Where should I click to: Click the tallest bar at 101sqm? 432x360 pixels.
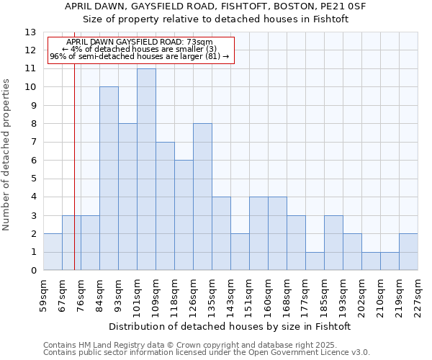tap(146, 169)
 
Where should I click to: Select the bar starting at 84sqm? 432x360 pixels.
tap(109, 179)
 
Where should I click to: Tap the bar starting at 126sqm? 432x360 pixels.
tap(202, 197)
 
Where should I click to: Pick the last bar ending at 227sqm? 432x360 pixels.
tap(408, 252)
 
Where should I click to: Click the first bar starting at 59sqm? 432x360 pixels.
tap(53, 252)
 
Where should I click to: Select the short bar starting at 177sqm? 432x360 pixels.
tap(315, 261)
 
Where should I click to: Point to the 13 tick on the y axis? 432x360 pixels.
tap(30, 32)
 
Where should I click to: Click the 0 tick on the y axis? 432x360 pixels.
tap(33, 271)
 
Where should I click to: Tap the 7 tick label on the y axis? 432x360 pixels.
tap(33, 142)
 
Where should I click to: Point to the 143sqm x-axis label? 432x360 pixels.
tap(231, 295)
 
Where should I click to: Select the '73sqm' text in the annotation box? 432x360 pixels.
tap(199, 42)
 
